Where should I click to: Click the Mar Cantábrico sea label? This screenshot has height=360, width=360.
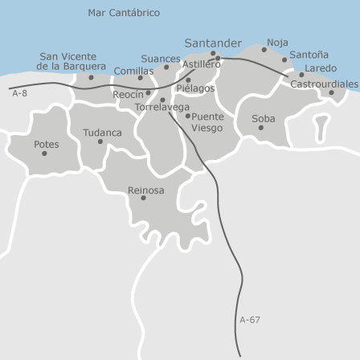tap(124, 13)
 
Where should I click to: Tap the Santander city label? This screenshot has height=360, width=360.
tap(213, 43)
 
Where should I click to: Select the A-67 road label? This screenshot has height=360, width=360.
tap(250, 320)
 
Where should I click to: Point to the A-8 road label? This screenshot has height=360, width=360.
tap(20, 94)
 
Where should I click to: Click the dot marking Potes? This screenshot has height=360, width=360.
tap(44, 153)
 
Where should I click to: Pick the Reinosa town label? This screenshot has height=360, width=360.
tap(145, 190)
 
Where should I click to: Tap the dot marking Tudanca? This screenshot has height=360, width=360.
tap(100, 142)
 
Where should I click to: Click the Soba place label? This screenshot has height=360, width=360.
tap(263, 118)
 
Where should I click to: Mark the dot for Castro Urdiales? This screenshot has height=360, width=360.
tap(331, 92)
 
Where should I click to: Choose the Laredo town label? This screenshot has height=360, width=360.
tap(321, 68)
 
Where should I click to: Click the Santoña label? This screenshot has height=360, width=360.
tap(309, 55)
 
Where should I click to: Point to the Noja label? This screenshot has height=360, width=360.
tap(277, 42)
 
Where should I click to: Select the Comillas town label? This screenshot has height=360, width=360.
tap(133, 71)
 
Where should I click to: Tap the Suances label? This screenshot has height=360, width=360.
tap(160, 59)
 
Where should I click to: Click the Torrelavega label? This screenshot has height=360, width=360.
tap(162, 107)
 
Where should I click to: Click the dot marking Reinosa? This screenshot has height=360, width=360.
tap(144, 198)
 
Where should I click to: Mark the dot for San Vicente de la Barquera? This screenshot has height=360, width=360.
tap(91, 77)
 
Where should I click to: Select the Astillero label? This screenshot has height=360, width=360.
tap(201, 64)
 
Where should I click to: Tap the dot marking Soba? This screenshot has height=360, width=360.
tap(261, 128)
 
